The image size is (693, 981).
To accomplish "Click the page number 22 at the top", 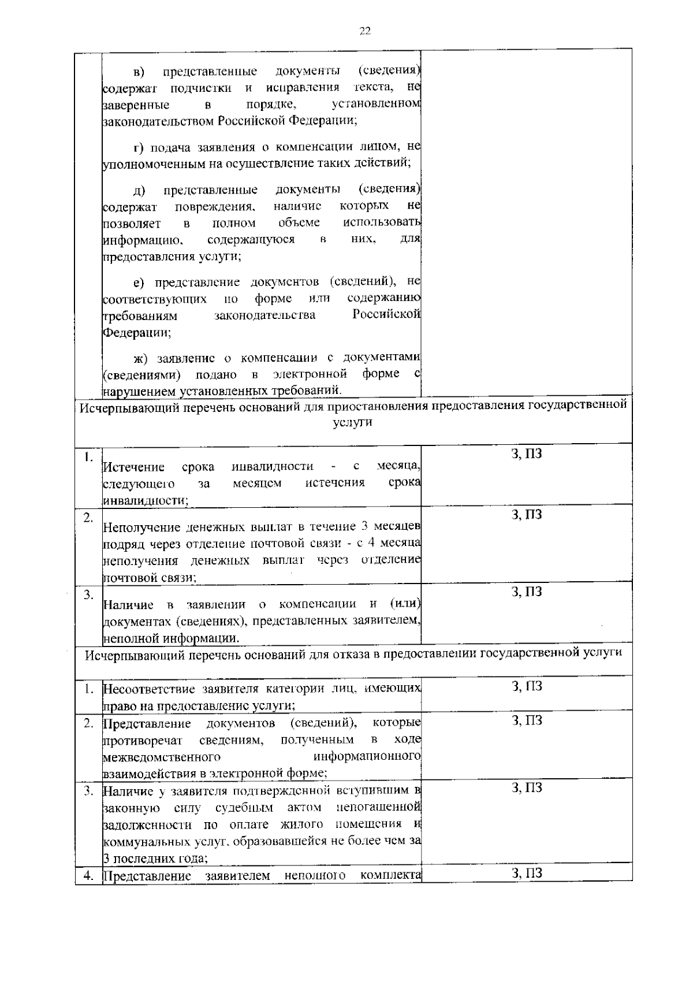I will click(x=364, y=31).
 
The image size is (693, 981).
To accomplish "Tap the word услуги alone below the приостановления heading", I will click(x=353, y=422).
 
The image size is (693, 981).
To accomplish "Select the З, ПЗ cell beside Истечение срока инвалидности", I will click(x=527, y=454).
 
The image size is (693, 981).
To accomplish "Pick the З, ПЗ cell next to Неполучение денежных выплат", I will click(x=527, y=515).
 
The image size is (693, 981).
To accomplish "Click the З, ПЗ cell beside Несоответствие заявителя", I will click(x=527, y=686).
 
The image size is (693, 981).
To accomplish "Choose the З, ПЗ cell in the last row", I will click(x=527, y=873).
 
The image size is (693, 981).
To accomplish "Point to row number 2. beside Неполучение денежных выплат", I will click(x=88, y=518).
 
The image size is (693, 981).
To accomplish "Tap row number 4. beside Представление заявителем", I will click(x=88, y=876).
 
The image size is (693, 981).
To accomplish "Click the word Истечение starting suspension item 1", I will click(x=133, y=467).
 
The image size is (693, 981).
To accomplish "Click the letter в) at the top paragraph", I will click(x=139, y=72).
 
